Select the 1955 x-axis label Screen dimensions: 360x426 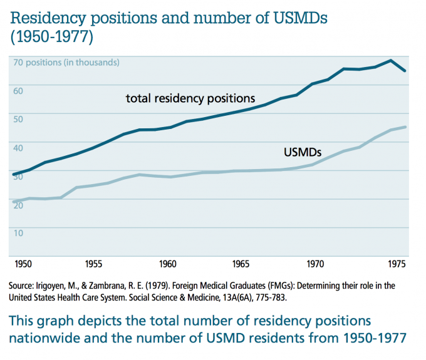[x=94, y=264]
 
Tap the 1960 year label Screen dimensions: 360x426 [x=167, y=264]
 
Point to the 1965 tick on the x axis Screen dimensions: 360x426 [x=241, y=264]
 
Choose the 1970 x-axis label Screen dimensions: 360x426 [x=315, y=264]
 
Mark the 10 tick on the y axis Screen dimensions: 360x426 [x=18, y=233]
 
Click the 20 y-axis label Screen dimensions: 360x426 [x=18, y=205]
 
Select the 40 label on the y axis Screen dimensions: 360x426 [x=18, y=148]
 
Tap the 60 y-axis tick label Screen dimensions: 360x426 [x=18, y=91]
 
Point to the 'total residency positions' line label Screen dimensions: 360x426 [x=190, y=98]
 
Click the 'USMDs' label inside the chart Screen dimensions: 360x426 [x=303, y=152]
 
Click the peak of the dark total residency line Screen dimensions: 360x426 [x=391, y=61]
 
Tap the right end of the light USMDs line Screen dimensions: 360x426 [x=406, y=127]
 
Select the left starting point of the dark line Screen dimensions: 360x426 [x=14, y=174]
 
